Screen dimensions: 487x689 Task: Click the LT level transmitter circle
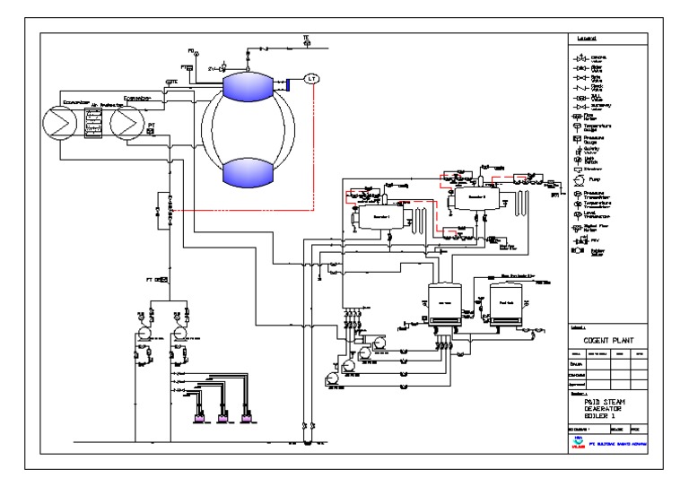pos(311,79)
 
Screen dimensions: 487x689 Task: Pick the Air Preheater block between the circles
pos(92,120)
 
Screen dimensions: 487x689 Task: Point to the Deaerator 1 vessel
pos(369,219)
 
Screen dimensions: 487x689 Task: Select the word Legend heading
pos(588,39)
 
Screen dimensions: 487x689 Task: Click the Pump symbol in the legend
pos(578,179)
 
